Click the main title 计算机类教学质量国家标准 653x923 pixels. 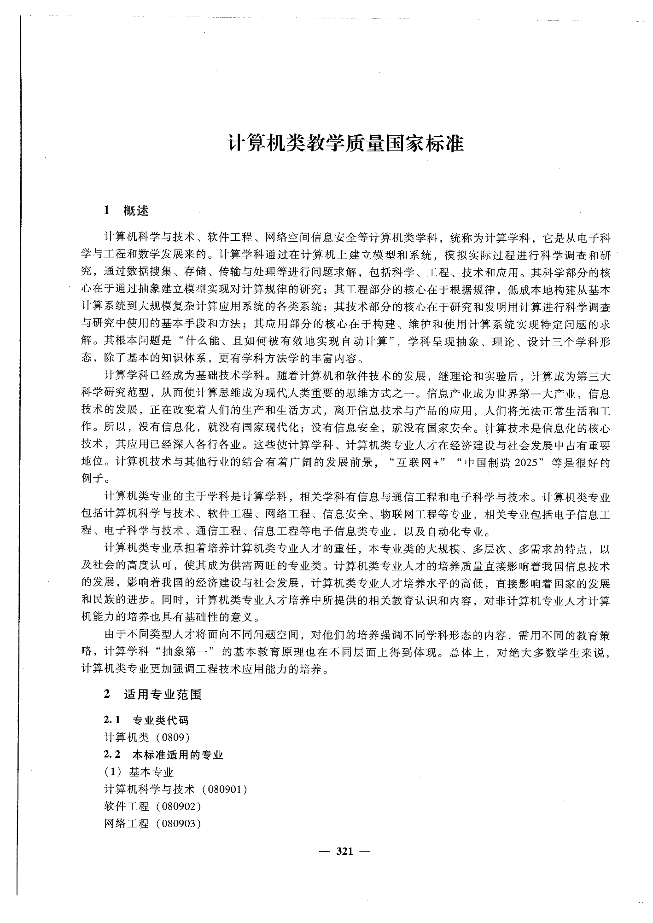coord(346,143)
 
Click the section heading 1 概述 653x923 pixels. coord(127,211)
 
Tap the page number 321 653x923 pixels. coord(344,851)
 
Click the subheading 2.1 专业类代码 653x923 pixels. coord(146,720)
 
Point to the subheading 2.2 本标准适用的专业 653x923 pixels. coord(163,755)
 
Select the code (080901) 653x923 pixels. coord(225,789)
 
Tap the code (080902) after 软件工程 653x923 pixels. coord(179,807)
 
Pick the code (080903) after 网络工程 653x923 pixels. coord(179,824)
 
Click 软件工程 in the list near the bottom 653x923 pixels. coord(127,807)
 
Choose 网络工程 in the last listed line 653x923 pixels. coord(127,824)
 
